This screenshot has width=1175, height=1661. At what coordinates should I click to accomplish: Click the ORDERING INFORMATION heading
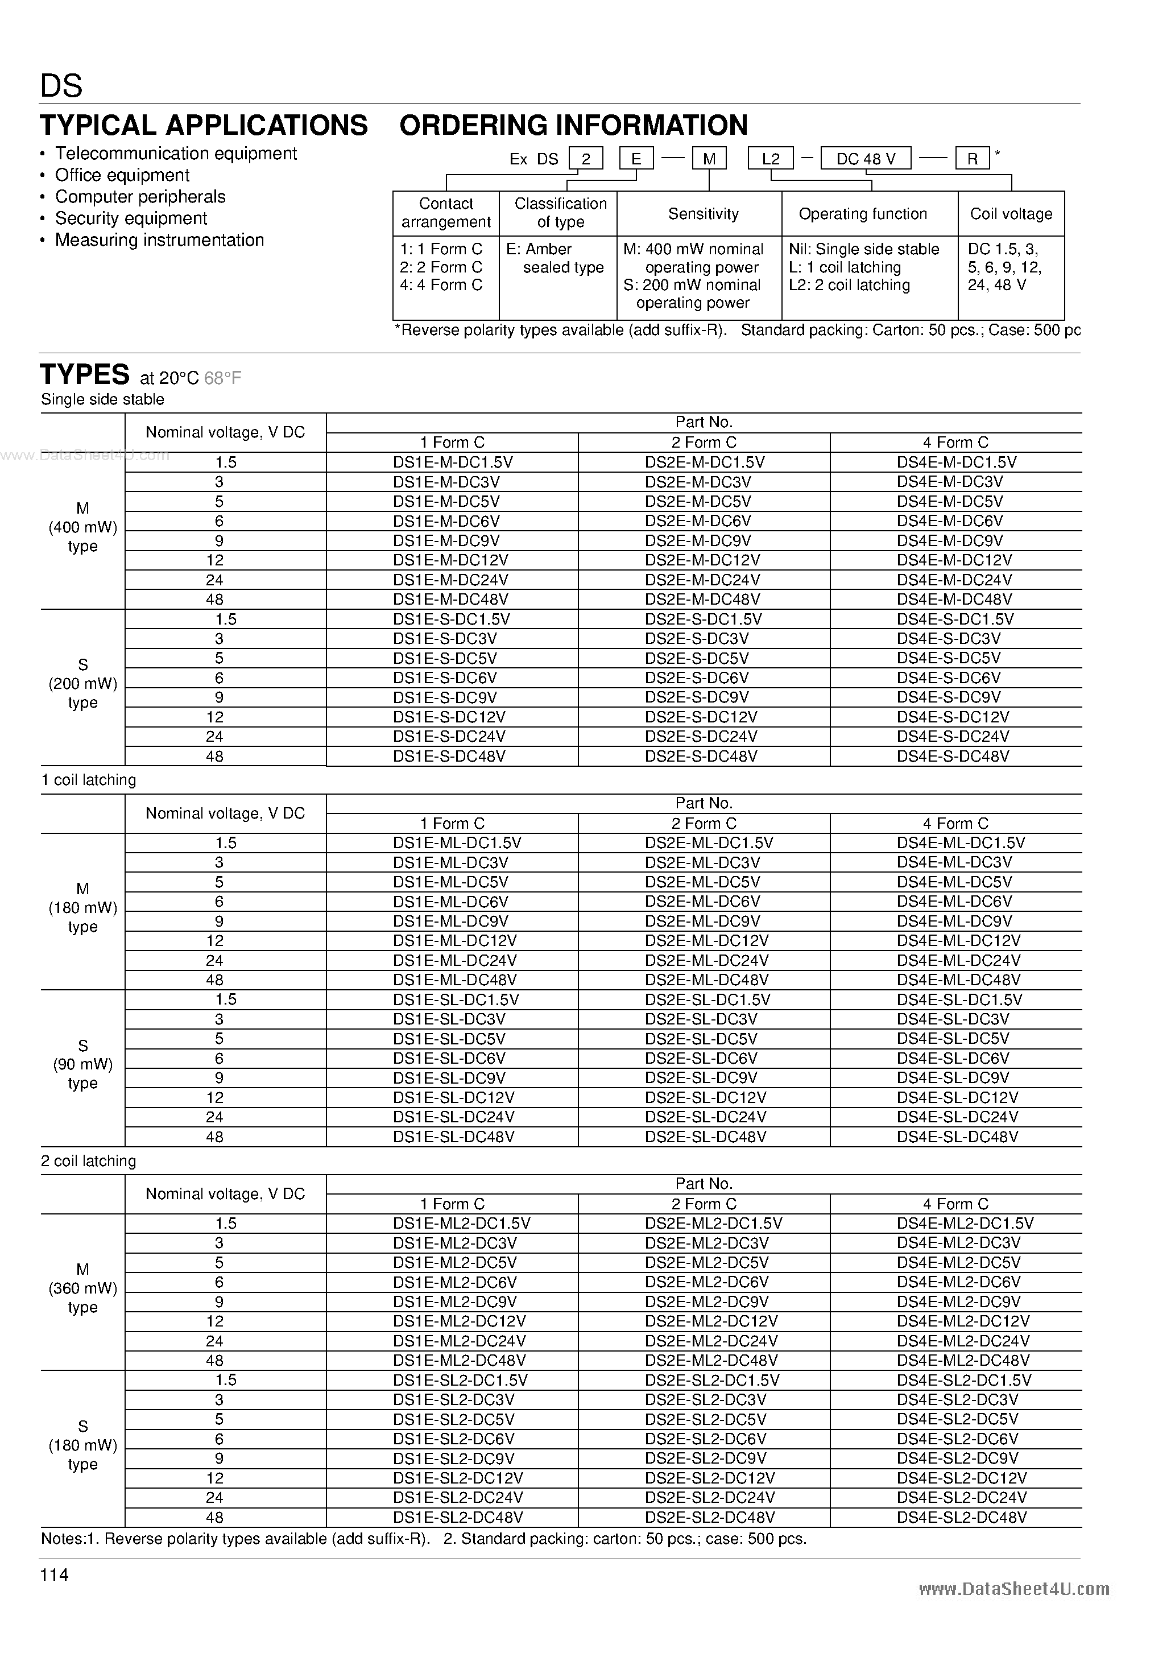[x=573, y=126]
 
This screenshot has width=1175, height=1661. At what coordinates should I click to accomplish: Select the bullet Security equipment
[x=131, y=218]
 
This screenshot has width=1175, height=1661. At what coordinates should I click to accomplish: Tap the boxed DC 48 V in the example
[x=866, y=159]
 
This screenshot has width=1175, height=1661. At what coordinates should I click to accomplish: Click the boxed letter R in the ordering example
[x=973, y=159]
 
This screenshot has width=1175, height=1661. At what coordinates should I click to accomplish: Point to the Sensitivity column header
[x=702, y=214]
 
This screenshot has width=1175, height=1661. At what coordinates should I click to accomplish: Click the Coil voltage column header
[x=1011, y=214]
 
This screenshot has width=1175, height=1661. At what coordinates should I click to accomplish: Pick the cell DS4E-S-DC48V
[x=953, y=757]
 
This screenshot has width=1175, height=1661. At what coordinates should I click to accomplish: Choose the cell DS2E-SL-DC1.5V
[x=707, y=1000]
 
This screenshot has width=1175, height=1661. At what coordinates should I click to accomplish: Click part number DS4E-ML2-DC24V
[x=963, y=1341]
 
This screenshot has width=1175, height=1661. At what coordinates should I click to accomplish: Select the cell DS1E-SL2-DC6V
[x=453, y=1439]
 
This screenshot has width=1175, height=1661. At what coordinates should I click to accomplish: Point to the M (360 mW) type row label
[x=82, y=1288]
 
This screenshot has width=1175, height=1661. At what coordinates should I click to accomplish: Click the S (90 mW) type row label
[x=82, y=1064]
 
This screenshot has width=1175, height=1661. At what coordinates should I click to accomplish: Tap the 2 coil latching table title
[x=88, y=1161]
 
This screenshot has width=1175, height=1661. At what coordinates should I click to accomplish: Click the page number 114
[x=54, y=1575]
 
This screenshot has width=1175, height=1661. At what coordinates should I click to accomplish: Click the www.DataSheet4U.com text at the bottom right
[x=1013, y=1589]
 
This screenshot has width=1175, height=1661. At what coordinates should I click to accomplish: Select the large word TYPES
[x=85, y=375]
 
